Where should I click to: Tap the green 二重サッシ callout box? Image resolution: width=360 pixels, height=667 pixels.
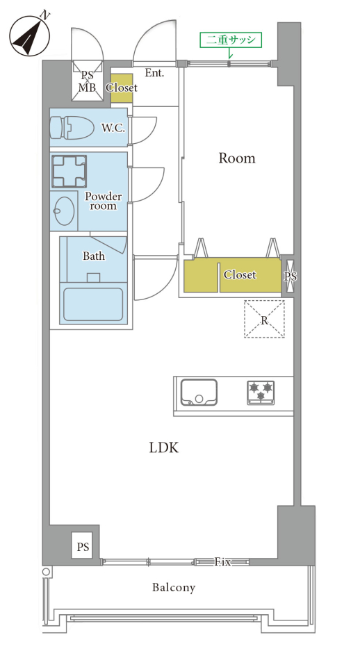(231, 40)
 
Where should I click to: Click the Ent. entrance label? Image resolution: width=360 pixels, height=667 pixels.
(154, 73)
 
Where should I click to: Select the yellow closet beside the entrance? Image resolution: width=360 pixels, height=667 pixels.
(122, 88)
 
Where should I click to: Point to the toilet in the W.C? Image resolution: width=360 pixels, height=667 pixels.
(72, 126)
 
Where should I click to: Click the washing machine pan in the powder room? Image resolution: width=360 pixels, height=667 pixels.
(69, 172)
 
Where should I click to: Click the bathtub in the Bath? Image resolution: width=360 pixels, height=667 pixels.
(93, 304)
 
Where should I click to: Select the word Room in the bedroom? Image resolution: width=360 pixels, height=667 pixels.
(237, 158)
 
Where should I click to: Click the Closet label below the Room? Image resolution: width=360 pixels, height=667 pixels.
(240, 275)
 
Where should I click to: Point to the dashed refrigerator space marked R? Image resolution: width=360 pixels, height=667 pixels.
(264, 319)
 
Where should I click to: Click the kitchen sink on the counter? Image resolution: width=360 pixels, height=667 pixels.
(199, 392)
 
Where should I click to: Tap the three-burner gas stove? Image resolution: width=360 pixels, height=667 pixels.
(261, 392)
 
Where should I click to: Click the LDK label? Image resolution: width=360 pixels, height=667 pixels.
(163, 447)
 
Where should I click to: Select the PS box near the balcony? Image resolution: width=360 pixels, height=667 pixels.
(83, 546)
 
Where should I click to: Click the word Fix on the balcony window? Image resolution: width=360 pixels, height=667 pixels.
(222, 562)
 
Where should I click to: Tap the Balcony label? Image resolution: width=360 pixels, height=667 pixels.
(174, 588)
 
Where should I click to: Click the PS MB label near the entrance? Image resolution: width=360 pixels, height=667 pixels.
(88, 82)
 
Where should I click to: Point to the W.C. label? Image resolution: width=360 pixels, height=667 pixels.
(113, 128)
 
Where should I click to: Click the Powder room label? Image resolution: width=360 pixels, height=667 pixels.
(103, 201)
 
